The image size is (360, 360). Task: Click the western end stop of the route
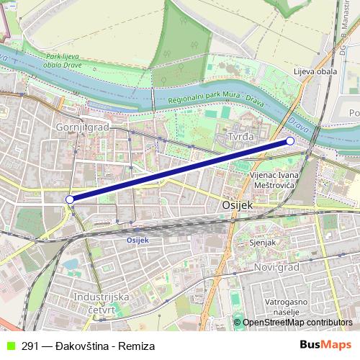[x=70, y=199]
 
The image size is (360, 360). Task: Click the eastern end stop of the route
[x=290, y=141]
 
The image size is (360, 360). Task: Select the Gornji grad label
[x=80, y=127]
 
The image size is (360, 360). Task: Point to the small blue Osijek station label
[x=137, y=240]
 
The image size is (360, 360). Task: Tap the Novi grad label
[x=276, y=267]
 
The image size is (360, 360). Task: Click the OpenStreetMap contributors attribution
[x=297, y=323]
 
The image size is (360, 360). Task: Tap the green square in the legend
[x=9, y=346]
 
